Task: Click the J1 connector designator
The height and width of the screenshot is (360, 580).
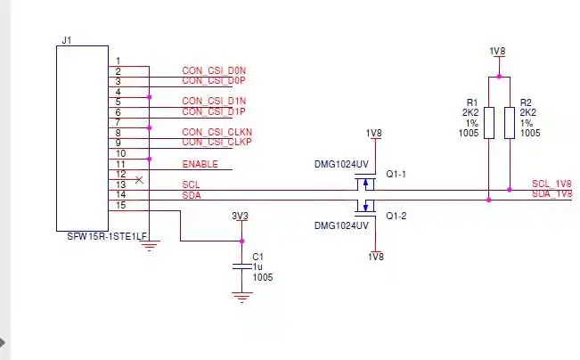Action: pos(67,40)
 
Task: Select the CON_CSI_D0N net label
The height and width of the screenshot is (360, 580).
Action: pos(213,70)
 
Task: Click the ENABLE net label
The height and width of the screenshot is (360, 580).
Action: pos(200,164)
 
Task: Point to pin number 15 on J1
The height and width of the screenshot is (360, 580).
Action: pos(121,205)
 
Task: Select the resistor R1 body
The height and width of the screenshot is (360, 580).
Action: pos(488,122)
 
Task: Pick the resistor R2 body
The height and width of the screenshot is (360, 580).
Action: pos(509,122)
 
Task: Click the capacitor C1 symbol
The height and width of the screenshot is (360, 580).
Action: pos(239,266)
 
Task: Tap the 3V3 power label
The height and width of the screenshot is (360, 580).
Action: pos(239,217)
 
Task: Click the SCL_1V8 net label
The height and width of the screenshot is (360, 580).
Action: pos(551,183)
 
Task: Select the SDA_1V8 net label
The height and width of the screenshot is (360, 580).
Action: pos(551,193)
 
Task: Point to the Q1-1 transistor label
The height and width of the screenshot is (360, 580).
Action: pos(396,175)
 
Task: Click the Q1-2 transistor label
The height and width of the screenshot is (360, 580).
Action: pos(396,215)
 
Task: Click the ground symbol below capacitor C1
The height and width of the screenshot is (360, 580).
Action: pos(239,297)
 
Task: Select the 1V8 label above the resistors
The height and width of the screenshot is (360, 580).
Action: pos(498,52)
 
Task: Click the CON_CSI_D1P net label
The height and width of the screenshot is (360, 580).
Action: pos(213,112)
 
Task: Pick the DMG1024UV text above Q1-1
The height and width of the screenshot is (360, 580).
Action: pos(341,164)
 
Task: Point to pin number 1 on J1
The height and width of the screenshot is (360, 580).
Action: pos(118,61)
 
